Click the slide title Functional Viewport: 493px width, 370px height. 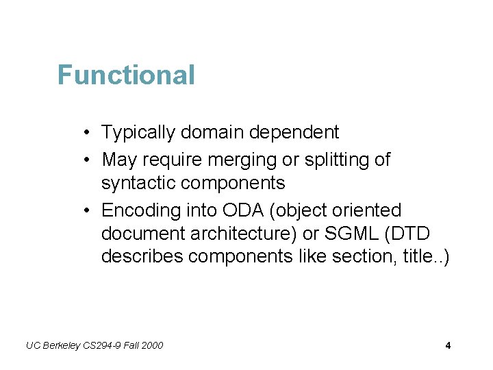[126, 75]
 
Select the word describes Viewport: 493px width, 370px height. [142, 256]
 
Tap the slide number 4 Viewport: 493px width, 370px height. [448, 345]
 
